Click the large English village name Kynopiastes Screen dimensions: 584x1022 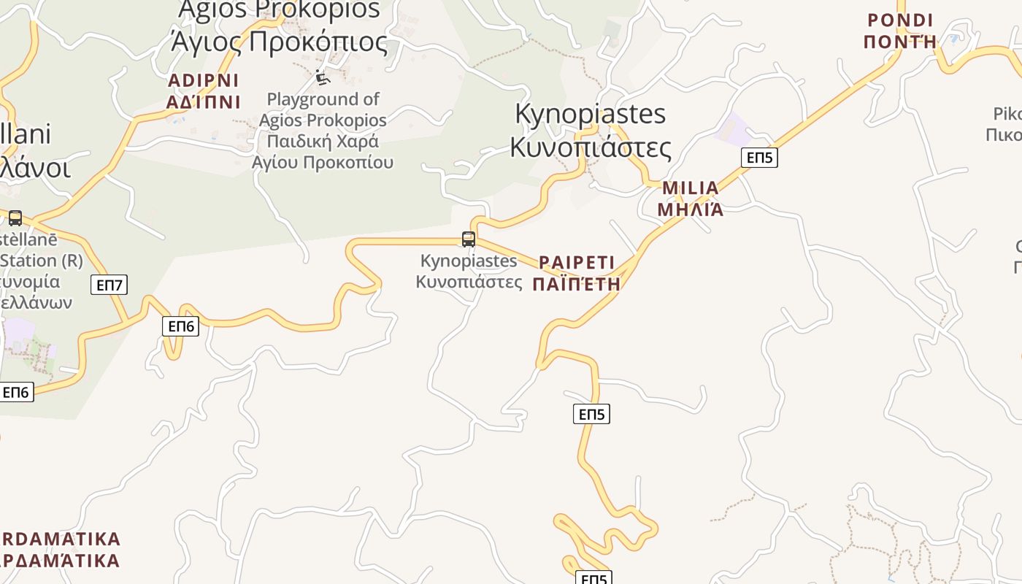tap(590, 115)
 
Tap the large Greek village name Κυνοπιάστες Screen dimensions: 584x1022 tap(590, 147)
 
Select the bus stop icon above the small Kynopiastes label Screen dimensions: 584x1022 tap(469, 239)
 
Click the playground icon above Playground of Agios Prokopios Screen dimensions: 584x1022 tap(322, 77)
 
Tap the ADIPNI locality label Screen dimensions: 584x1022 tap(203, 80)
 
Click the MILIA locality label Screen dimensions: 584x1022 tap(690, 188)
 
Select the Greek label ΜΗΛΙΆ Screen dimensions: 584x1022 tap(690, 210)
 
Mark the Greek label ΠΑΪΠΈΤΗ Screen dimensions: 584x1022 tap(577, 285)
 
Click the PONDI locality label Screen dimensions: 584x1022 tap(900, 20)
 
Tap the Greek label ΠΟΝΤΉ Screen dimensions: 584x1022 tap(900, 42)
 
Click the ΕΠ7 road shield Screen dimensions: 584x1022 tap(109, 285)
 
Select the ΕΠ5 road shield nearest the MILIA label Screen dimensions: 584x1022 tap(759, 157)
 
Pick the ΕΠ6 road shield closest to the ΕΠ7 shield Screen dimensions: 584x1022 tap(180, 326)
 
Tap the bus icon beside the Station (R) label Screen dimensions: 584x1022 tap(15, 218)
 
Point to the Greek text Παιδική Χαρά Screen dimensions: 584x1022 tap(323, 141)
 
